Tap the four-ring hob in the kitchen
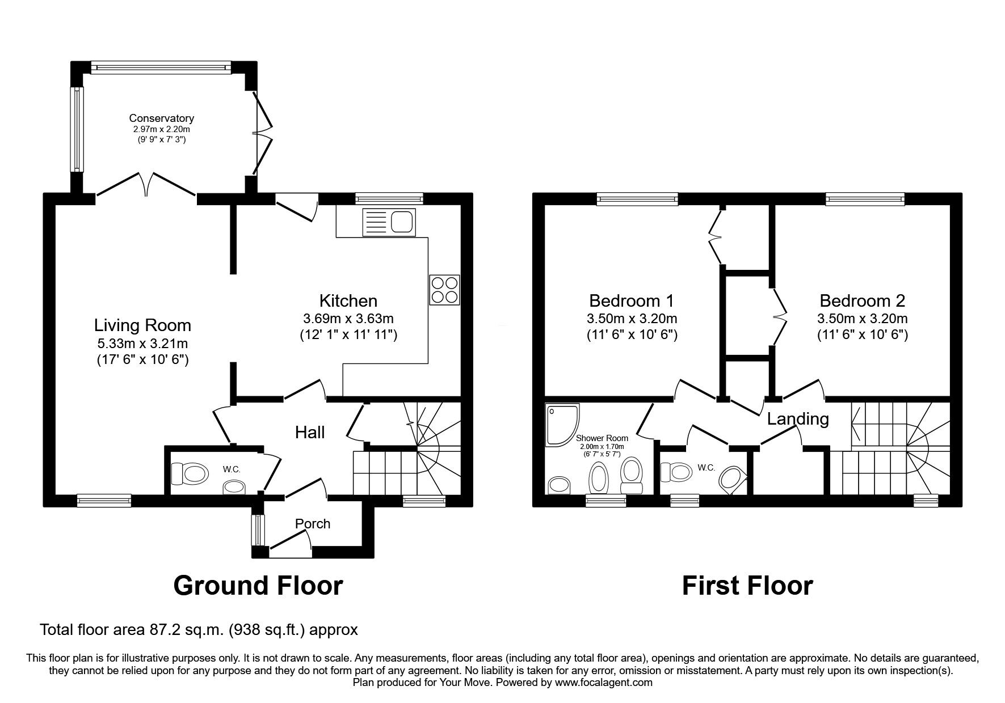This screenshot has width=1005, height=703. pos(444,290)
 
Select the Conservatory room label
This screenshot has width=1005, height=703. pos(161,118)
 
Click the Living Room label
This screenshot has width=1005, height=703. pos(142,325)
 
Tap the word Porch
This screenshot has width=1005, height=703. pos(313,523)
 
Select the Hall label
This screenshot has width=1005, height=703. pos(310,433)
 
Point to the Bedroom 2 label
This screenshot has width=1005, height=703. pos(862,300)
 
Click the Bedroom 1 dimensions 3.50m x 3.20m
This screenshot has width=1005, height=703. pos(632,319)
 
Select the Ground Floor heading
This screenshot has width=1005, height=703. pos(258,586)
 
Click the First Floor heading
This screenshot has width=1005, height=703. pos(747,586)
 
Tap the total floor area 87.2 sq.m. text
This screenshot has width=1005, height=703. pos(199,629)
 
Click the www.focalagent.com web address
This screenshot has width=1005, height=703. pos(604,683)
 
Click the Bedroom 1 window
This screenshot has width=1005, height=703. pos(637,198)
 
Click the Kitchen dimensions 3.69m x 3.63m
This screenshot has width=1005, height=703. pos(348,319)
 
